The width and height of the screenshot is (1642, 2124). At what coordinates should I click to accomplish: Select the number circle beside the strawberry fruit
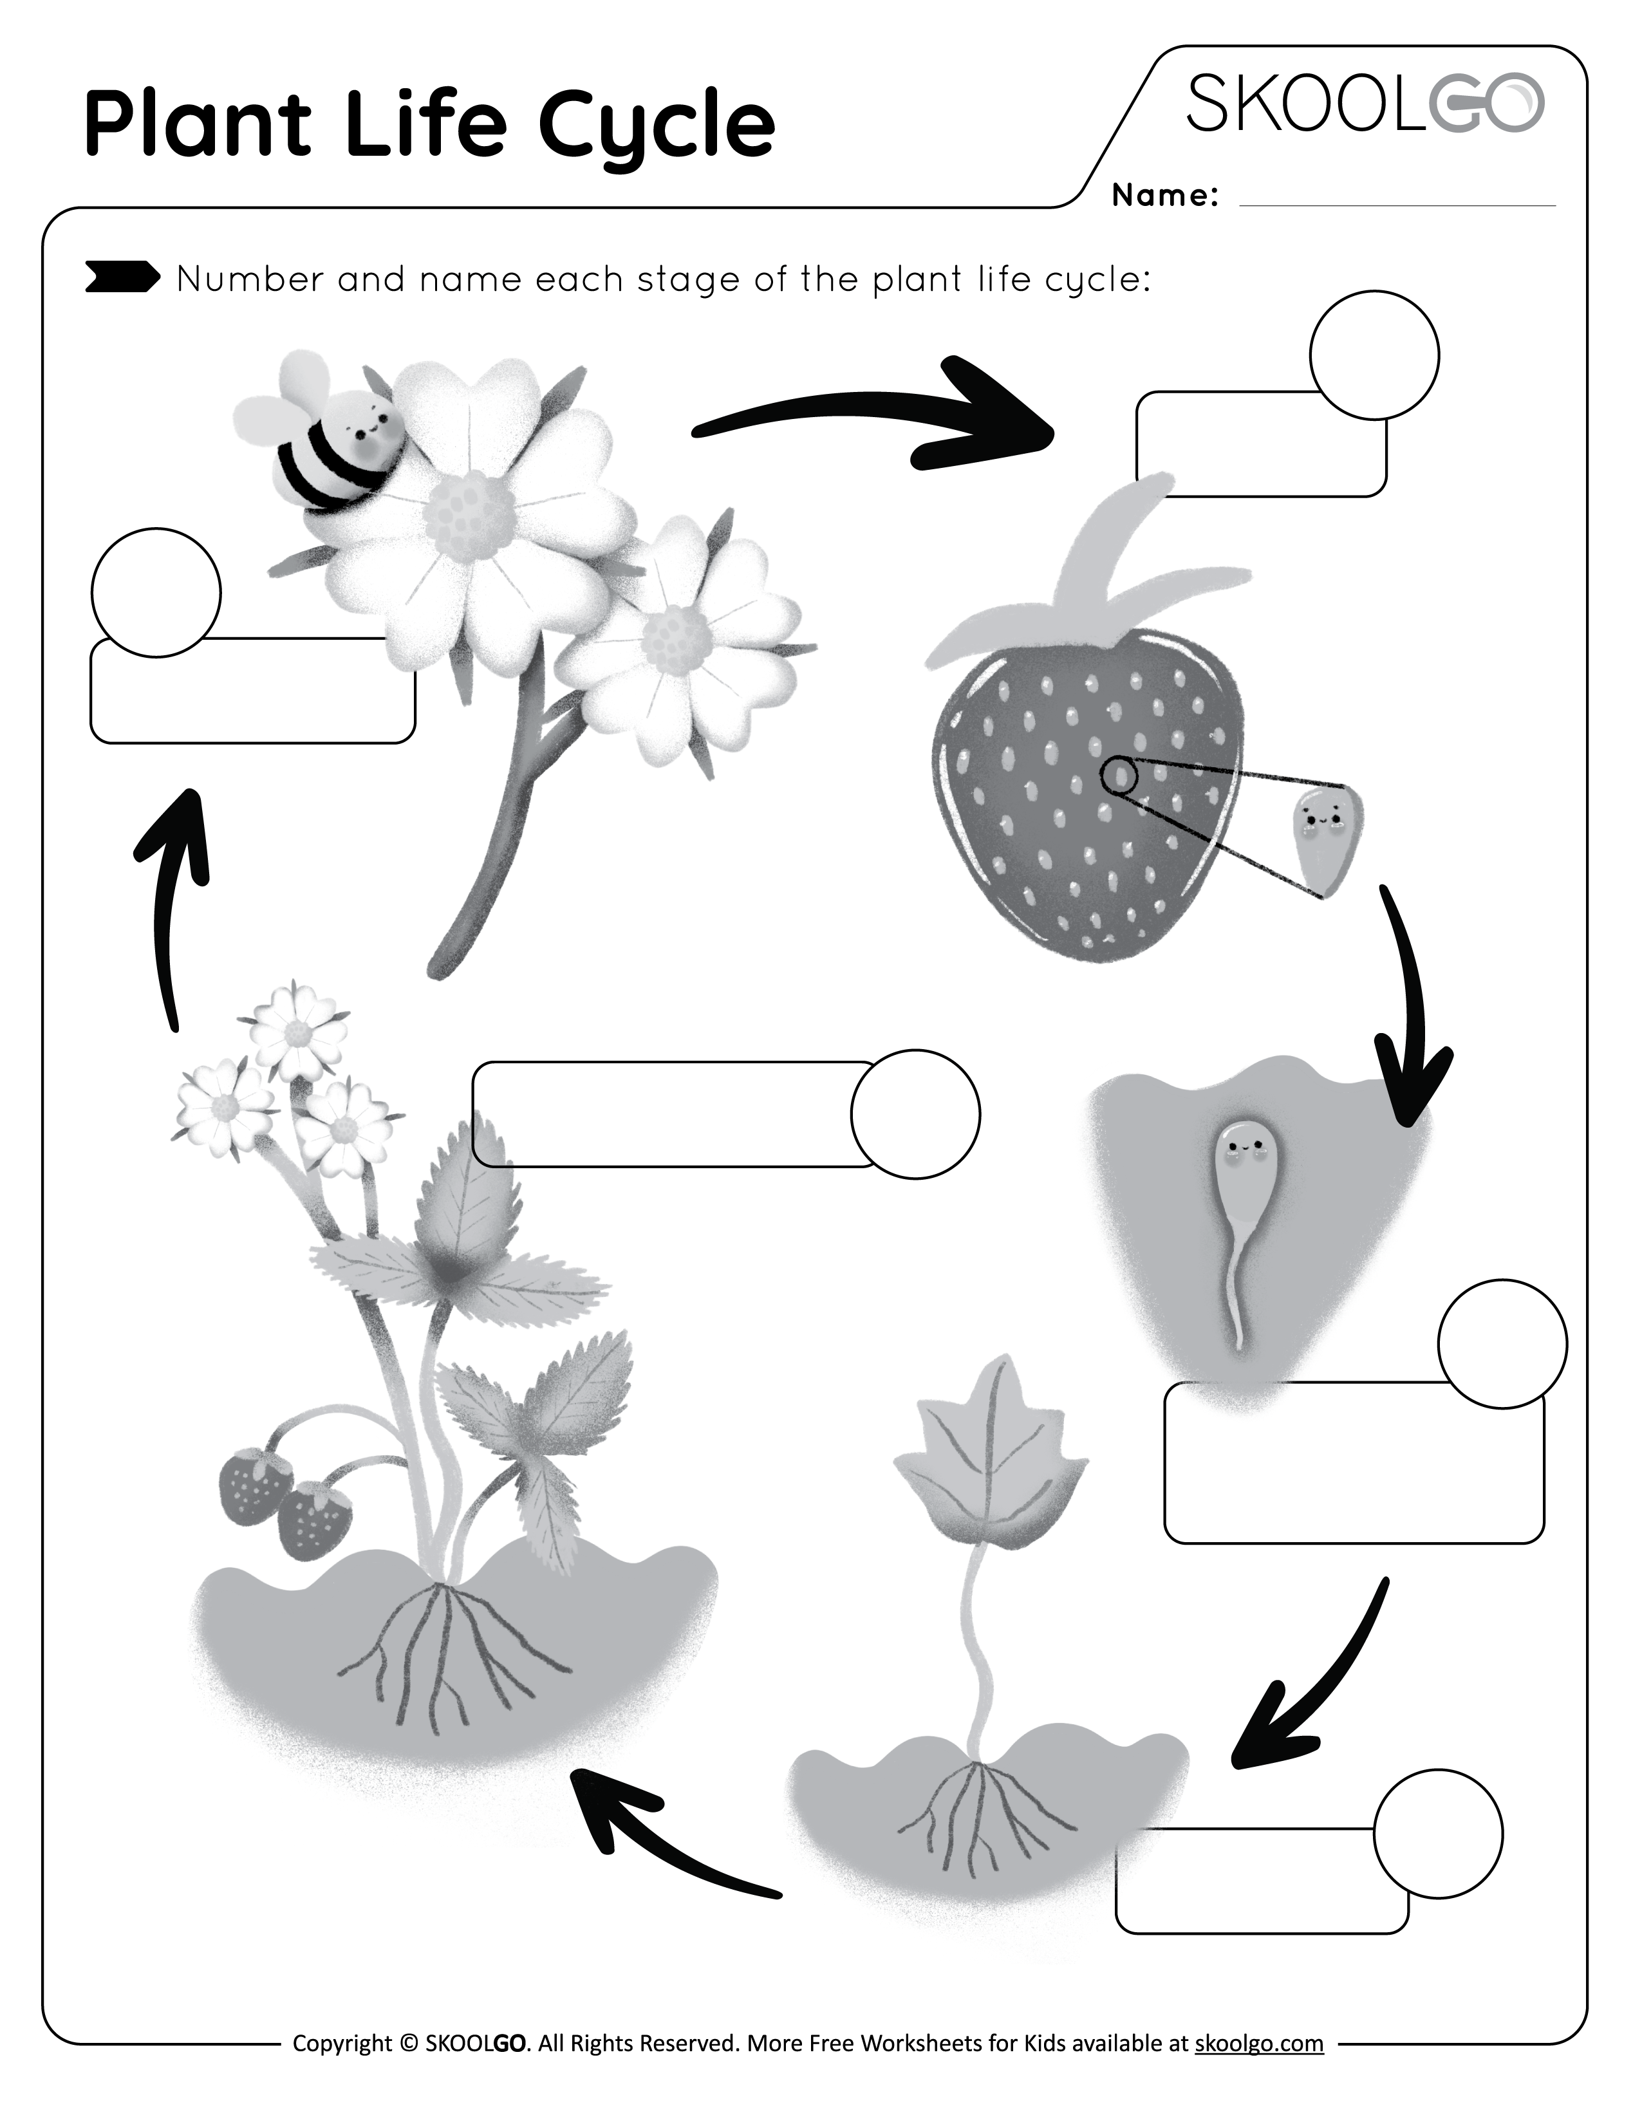(1374, 355)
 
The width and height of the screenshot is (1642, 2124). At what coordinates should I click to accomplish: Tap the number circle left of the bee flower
(156, 592)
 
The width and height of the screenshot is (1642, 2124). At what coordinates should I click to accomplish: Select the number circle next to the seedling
(1437, 1832)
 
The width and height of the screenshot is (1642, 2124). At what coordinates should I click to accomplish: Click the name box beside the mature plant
(671, 1113)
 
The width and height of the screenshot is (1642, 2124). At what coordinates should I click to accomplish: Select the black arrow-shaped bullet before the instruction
(122, 278)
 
